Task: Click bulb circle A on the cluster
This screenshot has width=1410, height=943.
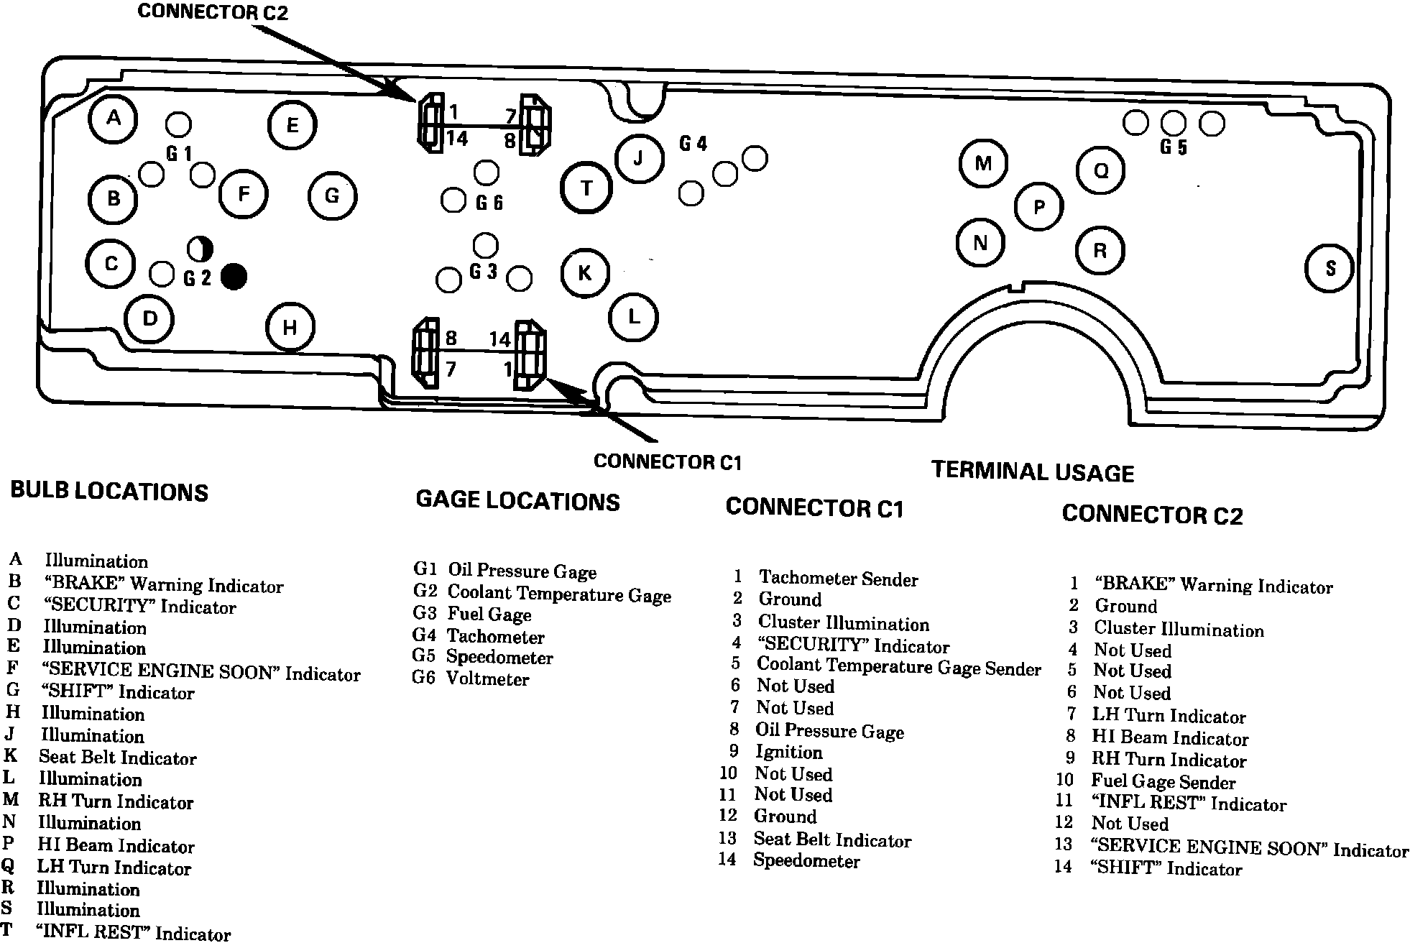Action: coord(114,118)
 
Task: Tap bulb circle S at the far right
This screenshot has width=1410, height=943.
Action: coord(1330,268)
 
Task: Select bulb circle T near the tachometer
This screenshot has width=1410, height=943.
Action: coord(586,188)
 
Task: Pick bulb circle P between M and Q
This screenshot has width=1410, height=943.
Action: coord(1038,208)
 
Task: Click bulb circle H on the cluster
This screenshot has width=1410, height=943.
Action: coord(290,328)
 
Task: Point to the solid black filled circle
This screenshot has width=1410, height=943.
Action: coord(234,277)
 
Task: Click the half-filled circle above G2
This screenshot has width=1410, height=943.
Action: coord(201,249)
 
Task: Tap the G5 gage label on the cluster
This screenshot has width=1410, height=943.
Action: coord(1174,147)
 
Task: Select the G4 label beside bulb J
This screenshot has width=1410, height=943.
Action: coord(694,144)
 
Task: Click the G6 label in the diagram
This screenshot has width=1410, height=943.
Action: coord(489,203)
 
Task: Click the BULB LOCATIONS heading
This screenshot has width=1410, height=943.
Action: coord(109,492)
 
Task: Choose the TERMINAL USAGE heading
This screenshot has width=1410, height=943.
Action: coord(1033,471)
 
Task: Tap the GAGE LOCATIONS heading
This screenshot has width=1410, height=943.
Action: coord(517,501)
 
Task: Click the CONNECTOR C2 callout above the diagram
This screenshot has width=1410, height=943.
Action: coord(213,13)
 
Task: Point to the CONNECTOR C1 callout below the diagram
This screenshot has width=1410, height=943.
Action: coord(667,461)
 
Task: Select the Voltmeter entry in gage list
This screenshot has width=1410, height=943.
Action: coord(487,679)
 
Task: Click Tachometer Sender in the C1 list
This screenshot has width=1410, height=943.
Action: coord(838,579)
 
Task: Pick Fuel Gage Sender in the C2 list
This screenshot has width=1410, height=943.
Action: coord(1163,782)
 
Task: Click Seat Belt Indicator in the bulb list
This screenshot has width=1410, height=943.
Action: coord(117,758)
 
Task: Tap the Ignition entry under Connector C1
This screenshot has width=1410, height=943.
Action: coord(788,753)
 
